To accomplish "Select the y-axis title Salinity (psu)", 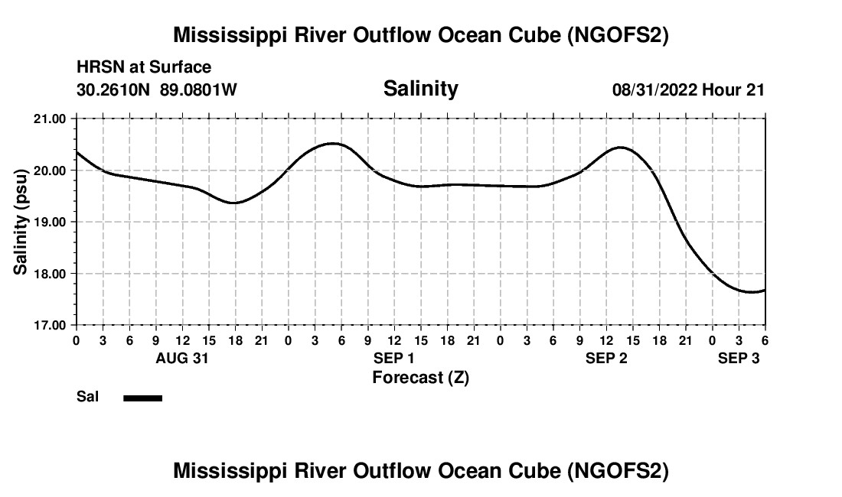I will [21, 222].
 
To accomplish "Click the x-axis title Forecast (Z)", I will [420, 377].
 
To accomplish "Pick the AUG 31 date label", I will [182, 358].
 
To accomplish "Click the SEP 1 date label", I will [394, 358].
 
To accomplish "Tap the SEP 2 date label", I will [606, 358].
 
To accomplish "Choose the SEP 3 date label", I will [738, 358].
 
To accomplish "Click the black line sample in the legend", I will [143, 398].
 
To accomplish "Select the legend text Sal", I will [88, 397].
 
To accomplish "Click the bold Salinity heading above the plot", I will [420, 89].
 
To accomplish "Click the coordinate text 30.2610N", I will [115, 89].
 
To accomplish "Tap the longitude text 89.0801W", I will [198, 89].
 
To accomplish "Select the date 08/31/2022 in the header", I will [655, 89].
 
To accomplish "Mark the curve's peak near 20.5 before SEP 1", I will [333, 143].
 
